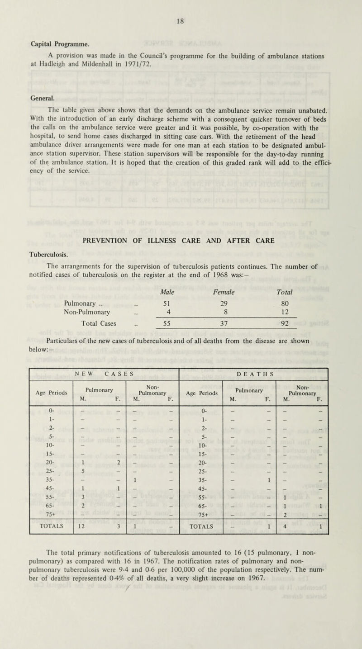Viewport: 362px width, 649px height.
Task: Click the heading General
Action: click(x=31, y=97)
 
